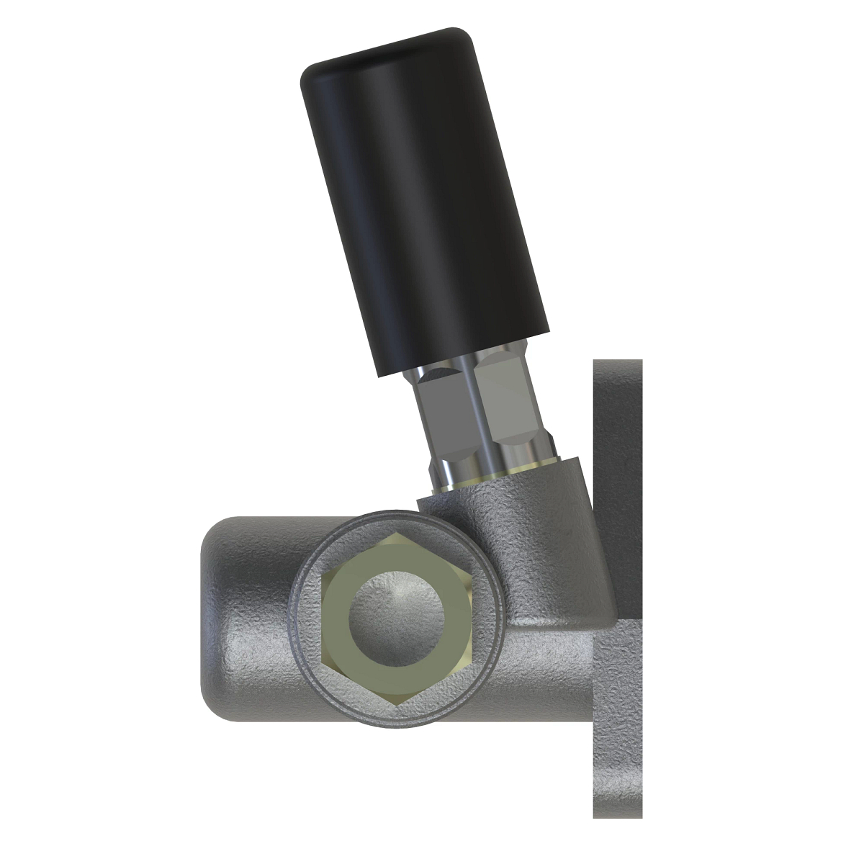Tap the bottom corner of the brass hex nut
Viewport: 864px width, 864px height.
pyautogui.click(x=397, y=703)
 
